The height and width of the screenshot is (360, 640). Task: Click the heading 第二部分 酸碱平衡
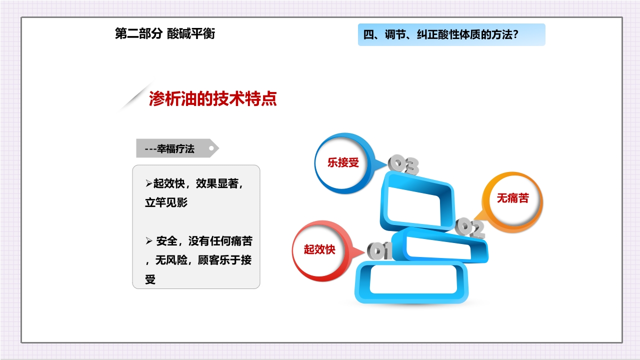click(165, 34)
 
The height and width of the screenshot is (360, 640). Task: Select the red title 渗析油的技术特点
click(212, 99)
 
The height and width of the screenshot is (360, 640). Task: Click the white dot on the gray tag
click(212, 148)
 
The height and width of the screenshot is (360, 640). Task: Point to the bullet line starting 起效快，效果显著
click(198, 183)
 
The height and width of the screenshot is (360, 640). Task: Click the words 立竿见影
click(166, 203)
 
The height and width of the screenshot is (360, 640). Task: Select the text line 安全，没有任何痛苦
click(204, 241)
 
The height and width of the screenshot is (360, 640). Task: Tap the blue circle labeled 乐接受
click(343, 163)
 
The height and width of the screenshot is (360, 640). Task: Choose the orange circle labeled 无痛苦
click(512, 198)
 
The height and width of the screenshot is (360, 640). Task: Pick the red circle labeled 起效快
click(319, 249)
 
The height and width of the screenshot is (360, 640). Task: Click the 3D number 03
click(404, 165)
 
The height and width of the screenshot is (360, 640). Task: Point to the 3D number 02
click(470, 228)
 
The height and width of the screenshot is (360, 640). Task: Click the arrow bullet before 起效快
click(148, 183)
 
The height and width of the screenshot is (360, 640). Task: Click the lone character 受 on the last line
click(150, 280)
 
